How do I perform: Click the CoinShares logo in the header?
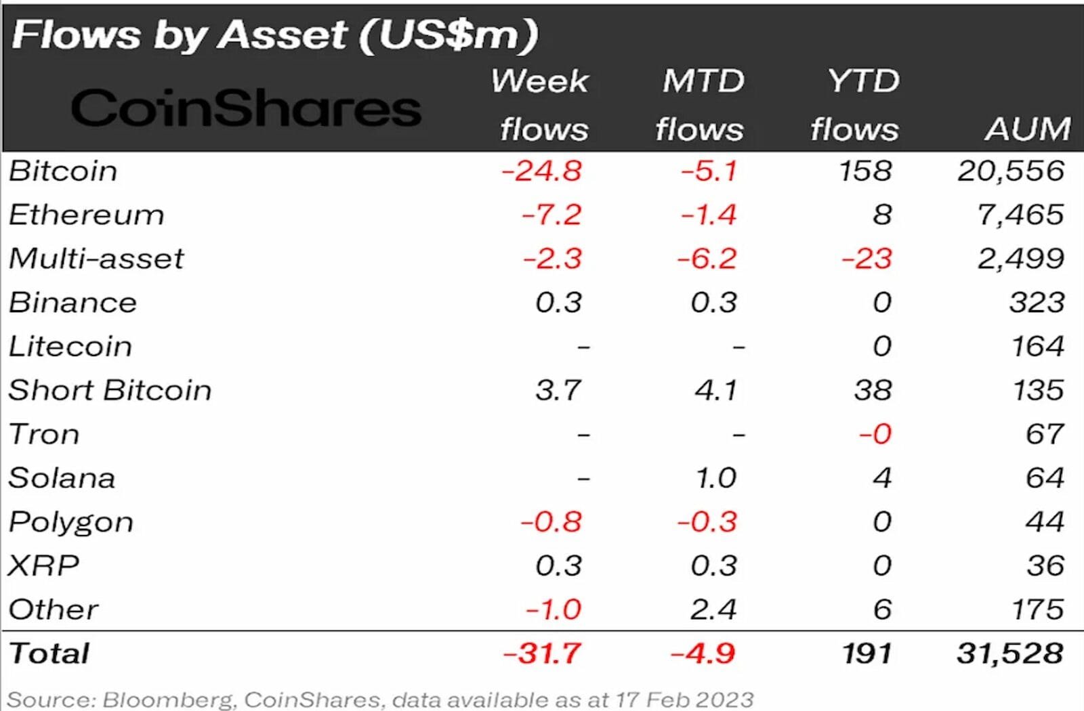[x=246, y=108]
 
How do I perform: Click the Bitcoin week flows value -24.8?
[x=541, y=171]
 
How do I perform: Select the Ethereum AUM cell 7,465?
[x=1020, y=215]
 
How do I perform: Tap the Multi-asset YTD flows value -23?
[x=867, y=259]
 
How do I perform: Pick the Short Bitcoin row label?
[x=110, y=391]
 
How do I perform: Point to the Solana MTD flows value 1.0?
[x=716, y=478]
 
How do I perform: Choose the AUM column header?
[x=1028, y=129]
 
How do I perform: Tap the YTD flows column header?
[x=856, y=105]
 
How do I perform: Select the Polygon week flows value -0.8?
[x=551, y=522]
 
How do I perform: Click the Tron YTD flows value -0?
[x=875, y=434]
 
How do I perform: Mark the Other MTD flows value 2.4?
[x=713, y=609]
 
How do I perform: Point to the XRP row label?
[x=43, y=565]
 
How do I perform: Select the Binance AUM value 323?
[x=1037, y=303]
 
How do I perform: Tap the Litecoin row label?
[x=70, y=347]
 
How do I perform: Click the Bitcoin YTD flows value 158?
[x=865, y=171]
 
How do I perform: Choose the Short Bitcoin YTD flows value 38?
[x=873, y=391]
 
